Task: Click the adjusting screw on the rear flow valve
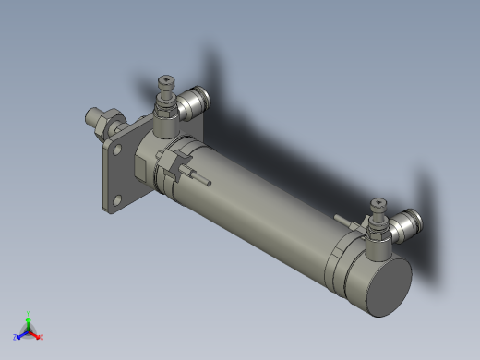[377, 205]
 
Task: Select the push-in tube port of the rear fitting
[411, 223]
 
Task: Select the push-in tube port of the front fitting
[198, 98]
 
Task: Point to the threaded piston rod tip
[90, 117]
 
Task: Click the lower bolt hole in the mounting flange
[116, 196]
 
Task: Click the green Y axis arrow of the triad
[29, 317]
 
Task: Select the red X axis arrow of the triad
[39, 336]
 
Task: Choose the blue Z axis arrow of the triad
[18, 335]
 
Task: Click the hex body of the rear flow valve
[378, 242]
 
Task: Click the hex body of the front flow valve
[166, 118]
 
